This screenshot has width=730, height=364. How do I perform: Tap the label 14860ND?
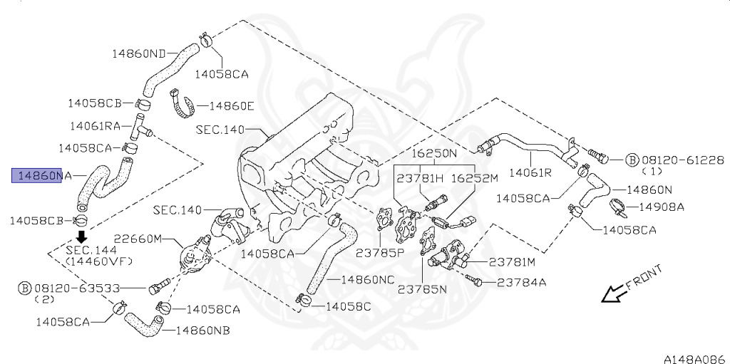point(138,53)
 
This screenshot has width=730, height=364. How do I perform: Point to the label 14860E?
point(232,106)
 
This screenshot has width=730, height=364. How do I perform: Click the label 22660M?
point(138,239)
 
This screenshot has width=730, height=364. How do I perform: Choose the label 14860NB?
point(202,331)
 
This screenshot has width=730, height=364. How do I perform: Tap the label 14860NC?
point(369,280)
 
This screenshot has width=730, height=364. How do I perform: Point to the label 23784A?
point(521,282)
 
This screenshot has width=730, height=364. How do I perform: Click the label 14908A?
point(661,207)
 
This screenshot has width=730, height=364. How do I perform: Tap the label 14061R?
point(530,173)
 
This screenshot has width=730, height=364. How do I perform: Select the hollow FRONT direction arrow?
point(611,293)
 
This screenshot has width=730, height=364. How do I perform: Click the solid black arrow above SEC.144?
point(82,236)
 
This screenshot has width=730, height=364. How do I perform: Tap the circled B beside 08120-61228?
point(631,160)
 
